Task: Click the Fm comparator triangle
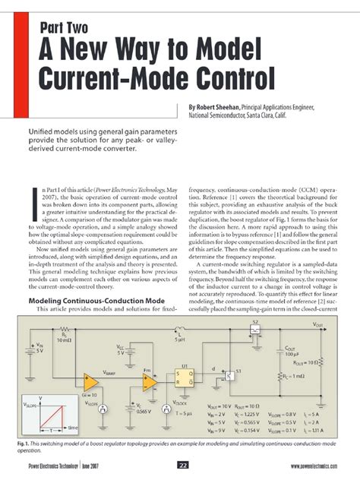(150, 377)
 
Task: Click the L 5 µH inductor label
(177, 334)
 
